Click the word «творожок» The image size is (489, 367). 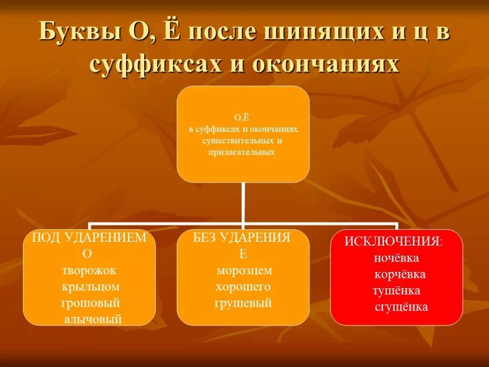tap(89, 271)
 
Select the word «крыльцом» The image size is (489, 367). tap(90, 287)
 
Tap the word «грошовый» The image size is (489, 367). tap(90, 303)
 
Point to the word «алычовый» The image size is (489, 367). tap(93, 319)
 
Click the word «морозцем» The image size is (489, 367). tap(244, 271)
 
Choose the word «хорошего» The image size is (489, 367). tap(243, 287)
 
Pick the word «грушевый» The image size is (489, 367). tap(243, 303)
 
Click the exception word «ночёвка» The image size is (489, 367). tap(397, 258)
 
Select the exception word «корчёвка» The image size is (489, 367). tap(400, 275)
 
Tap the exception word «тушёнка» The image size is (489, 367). tap(396, 291)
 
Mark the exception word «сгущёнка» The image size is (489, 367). tap(402, 307)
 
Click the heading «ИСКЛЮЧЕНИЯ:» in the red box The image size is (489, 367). tap(393, 241)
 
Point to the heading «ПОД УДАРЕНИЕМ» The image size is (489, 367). tap(89, 238)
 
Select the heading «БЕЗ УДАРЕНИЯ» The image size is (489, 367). tap(242, 238)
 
